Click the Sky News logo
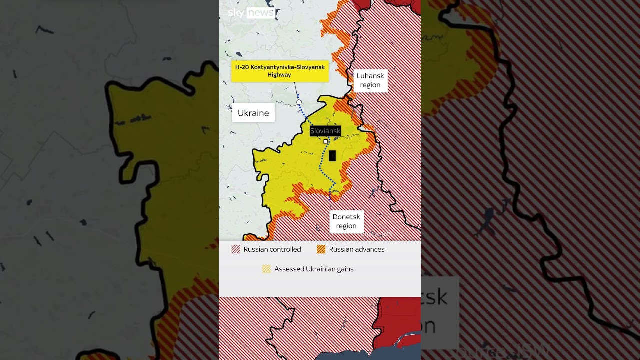click(x=251, y=13)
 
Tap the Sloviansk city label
click(x=325, y=131)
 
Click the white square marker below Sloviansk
click(x=326, y=142)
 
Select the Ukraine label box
click(x=253, y=113)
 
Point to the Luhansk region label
click(x=370, y=80)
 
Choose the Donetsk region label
click(x=346, y=221)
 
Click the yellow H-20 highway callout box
click(x=280, y=71)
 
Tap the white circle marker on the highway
click(x=299, y=102)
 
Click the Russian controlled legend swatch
click(x=236, y=249)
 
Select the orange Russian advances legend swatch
click(x=321, y=249)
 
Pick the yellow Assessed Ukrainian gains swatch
click(x=267, y=269)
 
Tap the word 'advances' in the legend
click(x=368, y=249)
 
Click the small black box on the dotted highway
click(x=332, y=156)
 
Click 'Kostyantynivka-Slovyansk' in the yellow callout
click(x=287, y=67)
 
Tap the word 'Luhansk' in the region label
click(x=370, y=76)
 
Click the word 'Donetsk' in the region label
click(x=346, y=217)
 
